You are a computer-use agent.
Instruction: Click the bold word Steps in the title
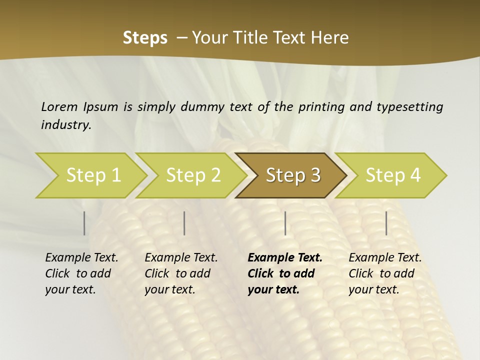click(x=145, y=38)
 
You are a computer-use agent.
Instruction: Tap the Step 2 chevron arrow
click(x=193, y=175)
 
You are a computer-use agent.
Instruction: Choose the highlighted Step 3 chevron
click(x=293, y=175)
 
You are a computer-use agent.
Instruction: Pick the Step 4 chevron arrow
click(x=393, y=175)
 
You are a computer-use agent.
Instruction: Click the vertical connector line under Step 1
click(x=84, y=223)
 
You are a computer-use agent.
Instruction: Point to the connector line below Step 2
click(x=184, y=223)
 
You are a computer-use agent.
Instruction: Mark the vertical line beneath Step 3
click(x=285, y=223)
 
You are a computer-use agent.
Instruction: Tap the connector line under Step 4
click(x=386, y=223)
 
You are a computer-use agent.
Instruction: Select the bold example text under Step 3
click(x=285, y=273)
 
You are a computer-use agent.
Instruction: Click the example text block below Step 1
click(x=81, y=273)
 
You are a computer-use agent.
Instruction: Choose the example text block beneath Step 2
click(x=181, y=273)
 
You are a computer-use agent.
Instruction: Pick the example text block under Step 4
click(x=385, y=273)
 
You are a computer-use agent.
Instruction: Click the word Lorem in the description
click(x=59, y=106)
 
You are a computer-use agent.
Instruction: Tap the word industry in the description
click(x=66, y=125)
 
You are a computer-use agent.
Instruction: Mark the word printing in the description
click(x=321, y=106)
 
